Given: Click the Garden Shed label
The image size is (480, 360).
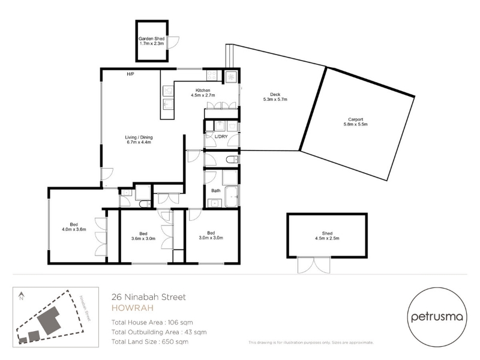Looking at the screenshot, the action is point(152,38).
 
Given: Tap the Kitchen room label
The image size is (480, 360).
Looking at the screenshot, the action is point(203,91).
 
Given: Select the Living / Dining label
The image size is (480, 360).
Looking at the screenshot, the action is point(139,137).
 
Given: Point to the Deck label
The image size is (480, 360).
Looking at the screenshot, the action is point(275,95).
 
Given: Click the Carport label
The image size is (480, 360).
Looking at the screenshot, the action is point(355,119).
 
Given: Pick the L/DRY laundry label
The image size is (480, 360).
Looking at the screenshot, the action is point(221,137).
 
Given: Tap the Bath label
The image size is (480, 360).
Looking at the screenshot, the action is point(216,191).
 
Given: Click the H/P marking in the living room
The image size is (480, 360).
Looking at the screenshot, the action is point(130,74).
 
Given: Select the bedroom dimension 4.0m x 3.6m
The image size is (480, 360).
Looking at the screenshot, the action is point(74,229).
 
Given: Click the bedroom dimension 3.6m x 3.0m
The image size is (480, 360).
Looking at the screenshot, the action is point(143,238).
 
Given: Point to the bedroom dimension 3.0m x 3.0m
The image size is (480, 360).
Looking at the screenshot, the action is point(211,238).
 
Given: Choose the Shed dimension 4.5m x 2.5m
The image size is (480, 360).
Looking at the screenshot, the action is point(327,238).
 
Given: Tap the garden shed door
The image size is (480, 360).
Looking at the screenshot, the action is point(173,42).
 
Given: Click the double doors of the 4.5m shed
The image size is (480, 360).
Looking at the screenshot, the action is point(314,265).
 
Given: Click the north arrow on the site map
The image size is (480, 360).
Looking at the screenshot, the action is point(21,296).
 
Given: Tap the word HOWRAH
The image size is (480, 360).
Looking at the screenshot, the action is point(132,308).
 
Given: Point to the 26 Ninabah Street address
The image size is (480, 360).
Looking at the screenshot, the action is point(149,297).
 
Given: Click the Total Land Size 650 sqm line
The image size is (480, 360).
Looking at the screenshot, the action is point(150,341).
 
